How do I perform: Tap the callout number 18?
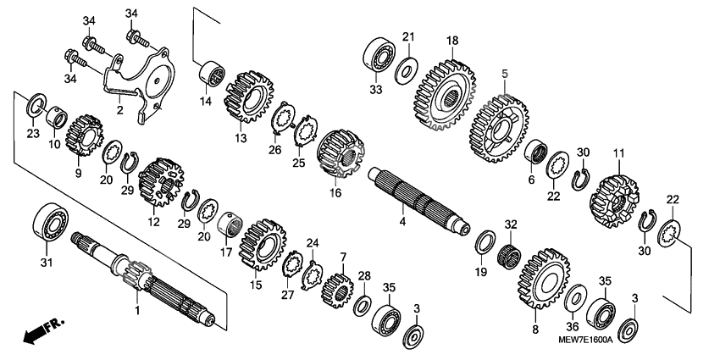(x=452, y=40)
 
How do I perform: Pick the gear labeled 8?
(x=540, y=279)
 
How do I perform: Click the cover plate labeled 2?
(x=136, y=80)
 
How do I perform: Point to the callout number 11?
(x=619, y=152)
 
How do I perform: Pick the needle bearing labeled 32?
(x=511, y=252)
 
